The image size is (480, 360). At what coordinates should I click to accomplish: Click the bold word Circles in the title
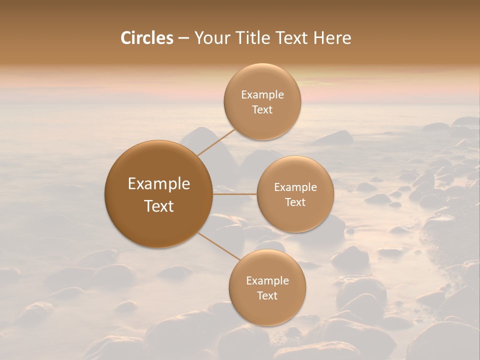(x=146, y=38)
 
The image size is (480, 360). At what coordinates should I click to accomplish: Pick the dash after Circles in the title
(x=183, y=38)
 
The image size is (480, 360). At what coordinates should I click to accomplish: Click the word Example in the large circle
(x=159, y=184)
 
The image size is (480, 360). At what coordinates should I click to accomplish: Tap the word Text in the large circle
(x=159, y=206)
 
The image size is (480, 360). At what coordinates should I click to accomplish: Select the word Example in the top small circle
(x=262, y=95)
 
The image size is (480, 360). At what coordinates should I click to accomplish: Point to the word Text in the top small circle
(x=262, y=110)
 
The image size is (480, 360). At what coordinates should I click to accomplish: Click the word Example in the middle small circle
(x=295, y=187)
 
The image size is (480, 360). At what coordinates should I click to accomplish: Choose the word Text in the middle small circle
(x=295, y=202)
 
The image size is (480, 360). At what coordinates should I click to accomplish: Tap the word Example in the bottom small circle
(x=267, y=281)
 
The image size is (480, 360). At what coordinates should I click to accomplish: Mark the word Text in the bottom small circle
(x=267, y=296)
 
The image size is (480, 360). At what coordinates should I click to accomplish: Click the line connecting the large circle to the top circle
(x=216, y=142)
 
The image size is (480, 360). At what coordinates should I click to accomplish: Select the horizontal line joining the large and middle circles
(x=235, y=194)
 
